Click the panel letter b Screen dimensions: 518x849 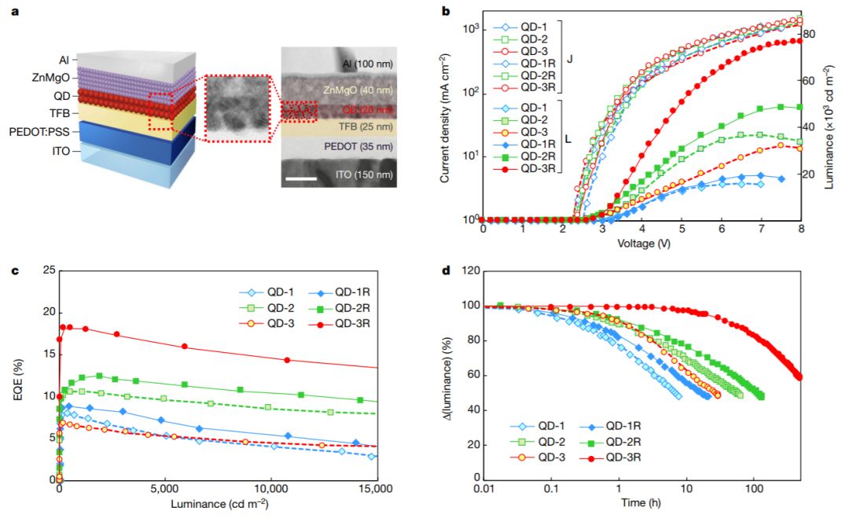(446, 11)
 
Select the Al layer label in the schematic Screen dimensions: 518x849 (64, 60)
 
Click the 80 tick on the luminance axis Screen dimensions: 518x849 (809, 34)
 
